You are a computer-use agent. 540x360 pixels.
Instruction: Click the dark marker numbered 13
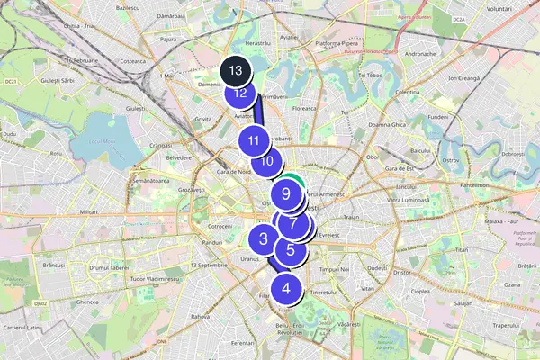click(236, 70)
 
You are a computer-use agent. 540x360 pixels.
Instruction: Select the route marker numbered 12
click(239, 91)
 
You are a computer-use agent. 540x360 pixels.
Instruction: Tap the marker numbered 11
click(255, 140)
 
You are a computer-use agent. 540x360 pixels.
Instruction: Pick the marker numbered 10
click(266, 162)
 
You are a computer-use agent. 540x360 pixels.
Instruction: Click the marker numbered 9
click(285, 193)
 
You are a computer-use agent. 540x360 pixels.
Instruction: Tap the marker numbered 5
click(291, 251)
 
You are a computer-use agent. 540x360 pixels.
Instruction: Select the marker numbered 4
click(286, 289)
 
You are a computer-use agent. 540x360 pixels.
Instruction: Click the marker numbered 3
click(263, 238)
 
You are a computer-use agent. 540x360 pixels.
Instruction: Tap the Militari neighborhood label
click(89, 211)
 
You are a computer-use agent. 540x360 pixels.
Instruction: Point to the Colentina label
click(408, 92)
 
